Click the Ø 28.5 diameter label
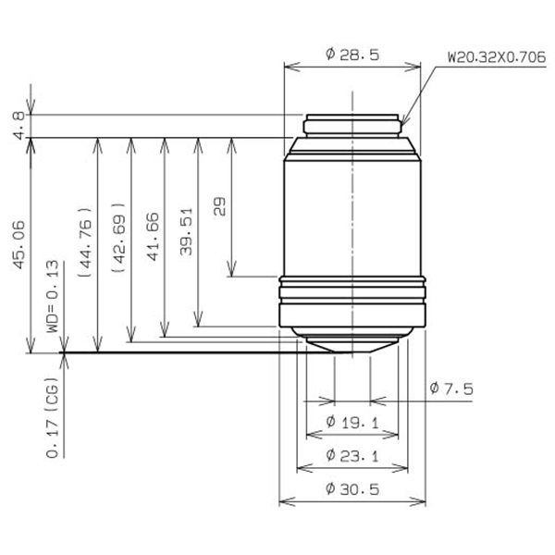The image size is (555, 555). pos(352,55)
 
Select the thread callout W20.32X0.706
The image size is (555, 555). pos(497,57)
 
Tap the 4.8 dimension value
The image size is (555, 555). pos(19,125)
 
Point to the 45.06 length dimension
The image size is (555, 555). pos(19,245)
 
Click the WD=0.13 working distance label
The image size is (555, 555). pos(53,297)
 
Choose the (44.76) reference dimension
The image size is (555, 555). pos(85,242)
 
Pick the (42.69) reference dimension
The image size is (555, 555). pos(118,238)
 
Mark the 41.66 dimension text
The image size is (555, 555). pos(153,237)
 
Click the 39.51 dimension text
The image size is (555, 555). pos(186,231)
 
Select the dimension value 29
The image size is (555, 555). pos(219,206)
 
